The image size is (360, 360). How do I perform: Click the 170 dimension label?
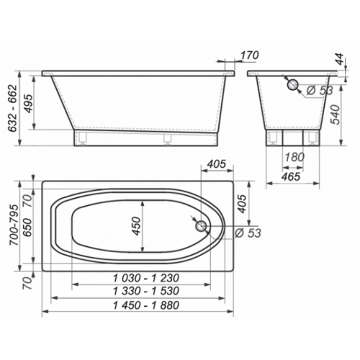(x=249, y=55)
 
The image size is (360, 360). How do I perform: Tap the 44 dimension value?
(x=340, y=59)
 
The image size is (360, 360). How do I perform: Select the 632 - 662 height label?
(x=12, y=108)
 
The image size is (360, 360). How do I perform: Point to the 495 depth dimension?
(x=29, y=104)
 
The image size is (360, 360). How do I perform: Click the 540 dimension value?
(x=336, y=114)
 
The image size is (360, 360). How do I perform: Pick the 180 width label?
(x=294, y=157)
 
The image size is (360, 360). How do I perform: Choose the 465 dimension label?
(x=291, y=176)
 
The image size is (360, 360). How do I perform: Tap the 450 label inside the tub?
(x=136, y=226)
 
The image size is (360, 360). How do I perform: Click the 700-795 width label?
(x=14, y=225)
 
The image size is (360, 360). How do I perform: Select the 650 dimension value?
(x=27, y=228)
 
